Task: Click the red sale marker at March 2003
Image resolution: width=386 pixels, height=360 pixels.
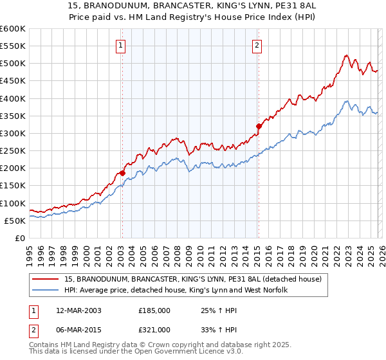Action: click(122, 174)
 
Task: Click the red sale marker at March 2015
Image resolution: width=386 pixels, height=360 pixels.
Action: click(258, 126)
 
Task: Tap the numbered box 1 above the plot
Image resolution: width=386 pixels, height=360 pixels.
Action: click(121, 45)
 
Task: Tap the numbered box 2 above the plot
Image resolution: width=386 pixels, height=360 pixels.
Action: click(257, 45)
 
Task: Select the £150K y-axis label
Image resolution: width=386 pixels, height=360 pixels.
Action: click(13, 186)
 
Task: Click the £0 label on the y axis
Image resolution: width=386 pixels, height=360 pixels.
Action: click(20, 238)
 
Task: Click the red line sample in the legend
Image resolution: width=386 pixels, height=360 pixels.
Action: click(46, 279)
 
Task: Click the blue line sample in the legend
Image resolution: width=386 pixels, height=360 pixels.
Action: click(46, 291)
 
